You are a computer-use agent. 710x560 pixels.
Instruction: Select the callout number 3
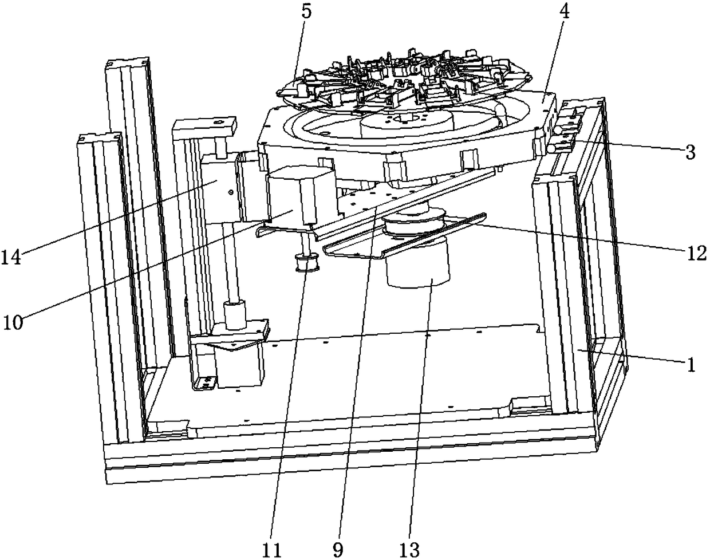[690, 152]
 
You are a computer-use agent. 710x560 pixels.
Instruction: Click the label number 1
[691, 364]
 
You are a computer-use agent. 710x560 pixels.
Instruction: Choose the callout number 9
[339, 549]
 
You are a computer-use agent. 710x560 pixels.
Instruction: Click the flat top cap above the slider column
[205, 124]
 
